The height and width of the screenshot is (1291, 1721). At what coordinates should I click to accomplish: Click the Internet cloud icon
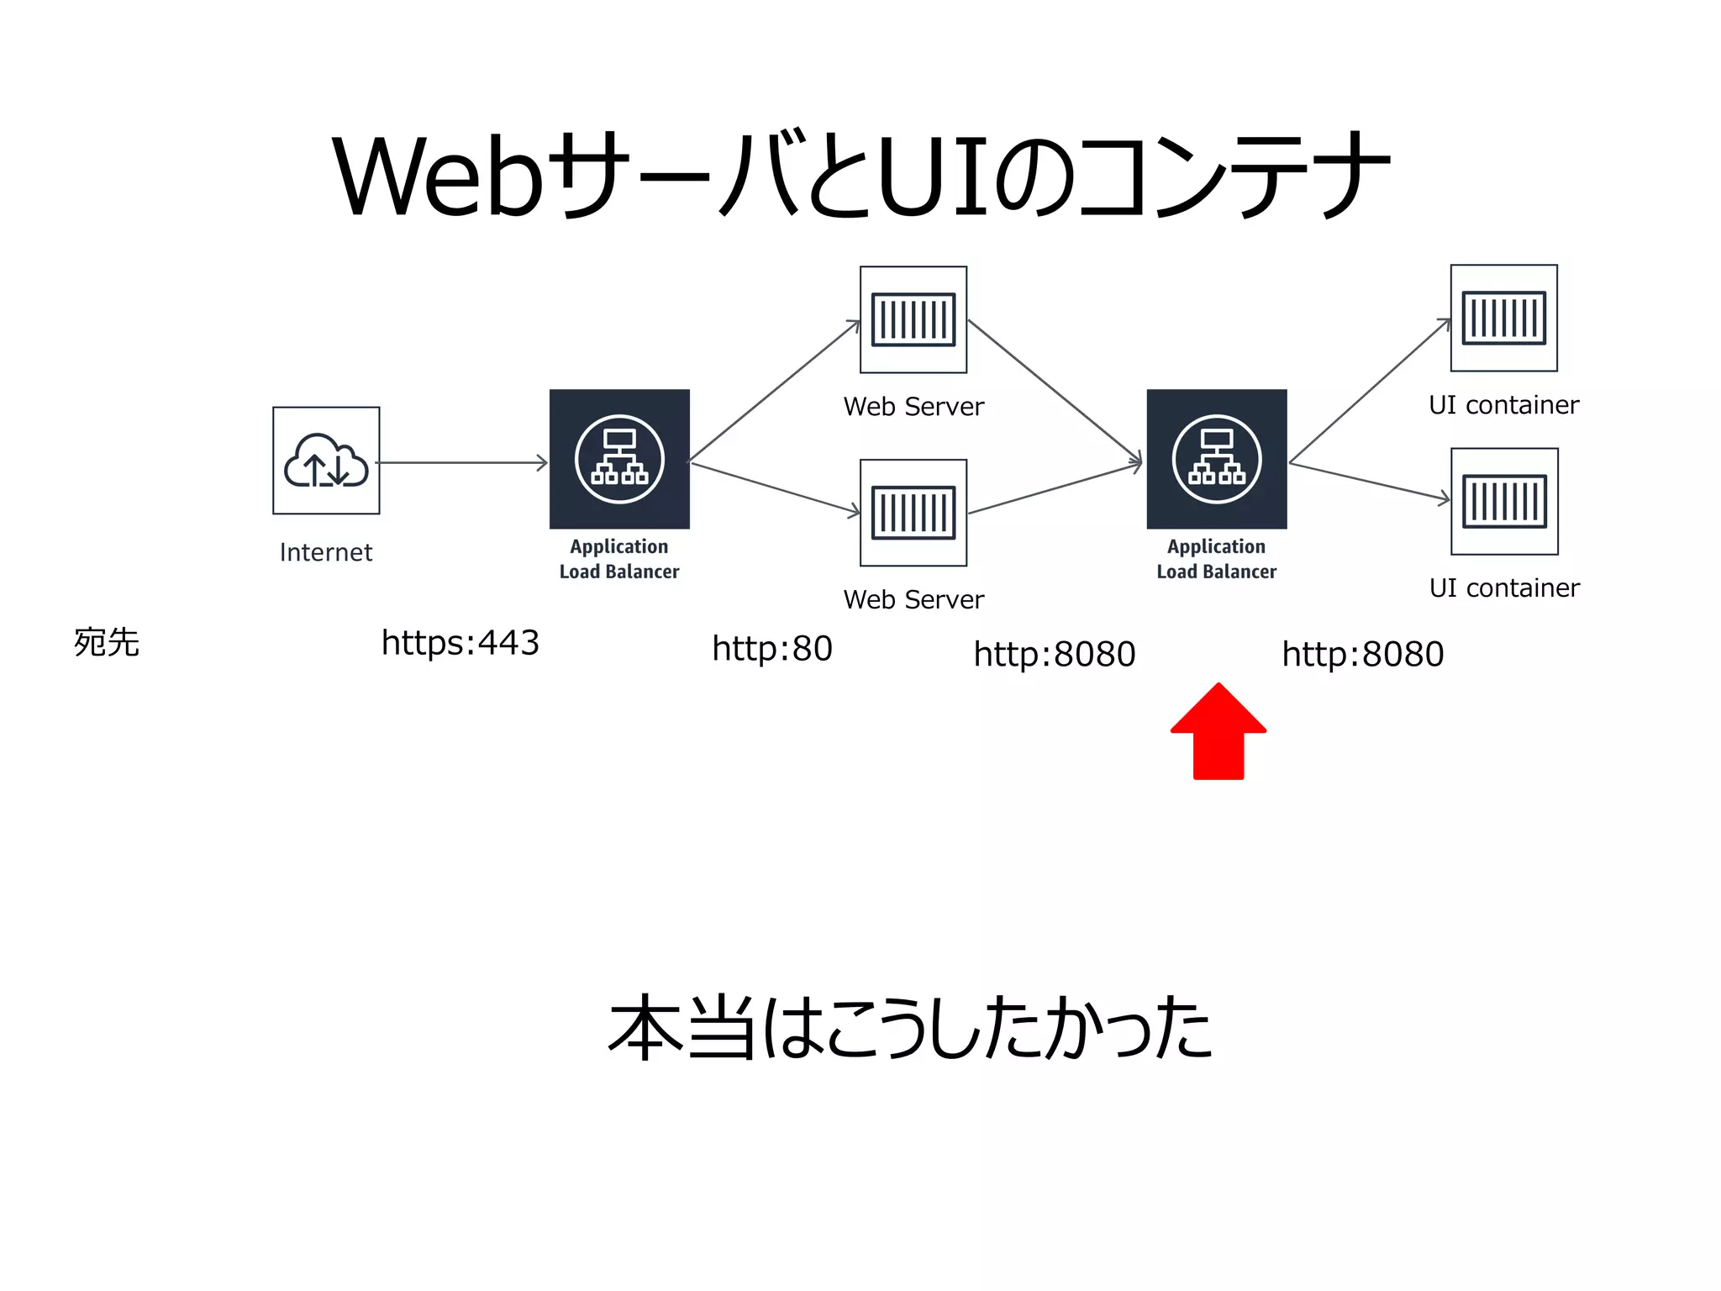tap(326, 461)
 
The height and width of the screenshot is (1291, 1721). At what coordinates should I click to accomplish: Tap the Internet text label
tap(326, 552)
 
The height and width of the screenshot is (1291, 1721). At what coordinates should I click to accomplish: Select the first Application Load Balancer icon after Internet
tap(619, 459)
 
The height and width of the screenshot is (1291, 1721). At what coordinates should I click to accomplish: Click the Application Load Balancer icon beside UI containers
tap(1216, 459)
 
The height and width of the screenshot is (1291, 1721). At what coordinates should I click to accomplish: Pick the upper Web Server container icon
tap(913, 319)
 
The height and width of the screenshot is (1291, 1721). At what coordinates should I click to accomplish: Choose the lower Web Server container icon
tap(913, 513)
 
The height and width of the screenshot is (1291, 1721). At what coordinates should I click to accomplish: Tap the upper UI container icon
tap(1503, 318)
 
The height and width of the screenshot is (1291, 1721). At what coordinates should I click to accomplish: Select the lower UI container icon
tap(1504, 502)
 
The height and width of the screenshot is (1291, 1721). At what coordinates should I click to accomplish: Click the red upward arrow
tap(1218, 731)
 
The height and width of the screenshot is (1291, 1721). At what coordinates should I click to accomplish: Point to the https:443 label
tap(460, 643)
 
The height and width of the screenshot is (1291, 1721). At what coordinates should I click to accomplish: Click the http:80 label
tap(771, 649)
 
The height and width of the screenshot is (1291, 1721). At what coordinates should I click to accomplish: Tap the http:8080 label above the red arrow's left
tap(1054, 654)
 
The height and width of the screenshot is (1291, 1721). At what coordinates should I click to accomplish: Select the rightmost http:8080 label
tap(1362, 654)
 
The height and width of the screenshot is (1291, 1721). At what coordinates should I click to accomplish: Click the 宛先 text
tap(107, 643)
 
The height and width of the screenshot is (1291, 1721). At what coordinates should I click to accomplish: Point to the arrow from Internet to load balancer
tap(462, 462)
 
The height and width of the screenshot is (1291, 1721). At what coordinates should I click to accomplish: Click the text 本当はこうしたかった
tap(911, 1027)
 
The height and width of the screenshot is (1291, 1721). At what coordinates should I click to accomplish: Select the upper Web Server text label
tap(913, 407)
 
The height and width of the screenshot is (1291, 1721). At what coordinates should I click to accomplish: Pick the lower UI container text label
tap(1504, 588)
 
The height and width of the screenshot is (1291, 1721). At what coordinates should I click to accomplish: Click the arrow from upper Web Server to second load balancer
tap(1055, 390)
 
